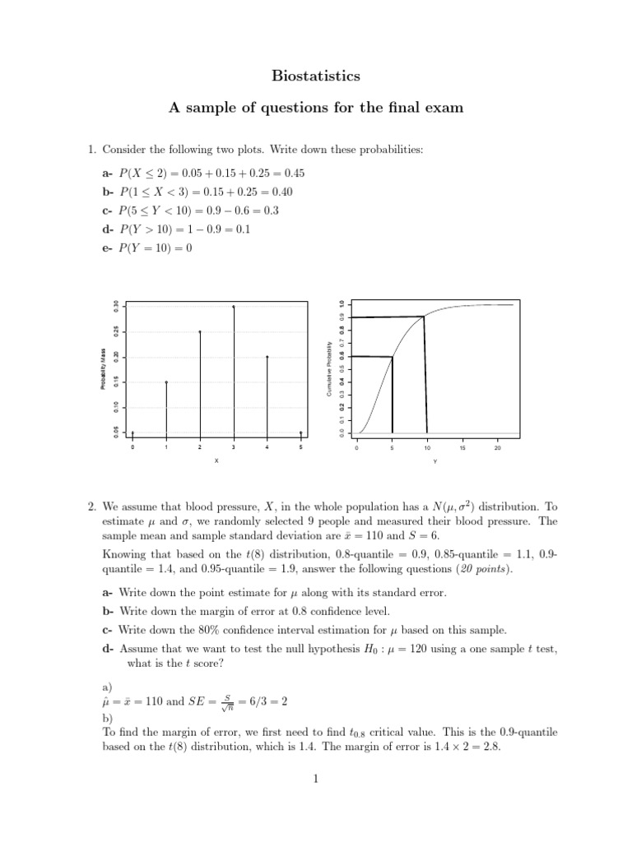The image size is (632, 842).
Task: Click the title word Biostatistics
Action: coord(316,76)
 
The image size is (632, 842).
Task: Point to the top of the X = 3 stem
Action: coord(234,307)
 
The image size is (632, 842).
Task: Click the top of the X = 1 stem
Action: coord(166,382)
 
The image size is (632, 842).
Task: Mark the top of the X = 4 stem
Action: coord(267,357)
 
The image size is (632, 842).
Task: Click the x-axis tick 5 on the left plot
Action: coord(301,448)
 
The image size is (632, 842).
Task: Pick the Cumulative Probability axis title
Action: coord(329,368)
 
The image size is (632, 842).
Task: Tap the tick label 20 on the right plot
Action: coord(498,448)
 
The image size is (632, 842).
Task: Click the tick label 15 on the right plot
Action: coord(462,448)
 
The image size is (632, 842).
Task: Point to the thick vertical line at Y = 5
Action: coord(393,395)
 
